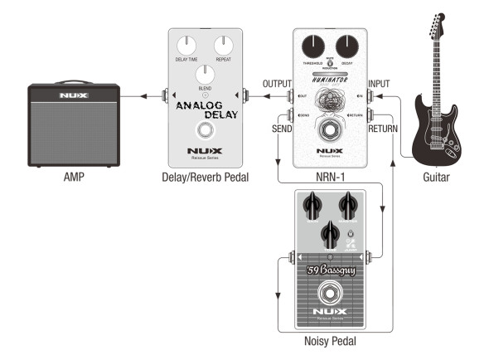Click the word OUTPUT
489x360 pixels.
click(277, 85)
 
